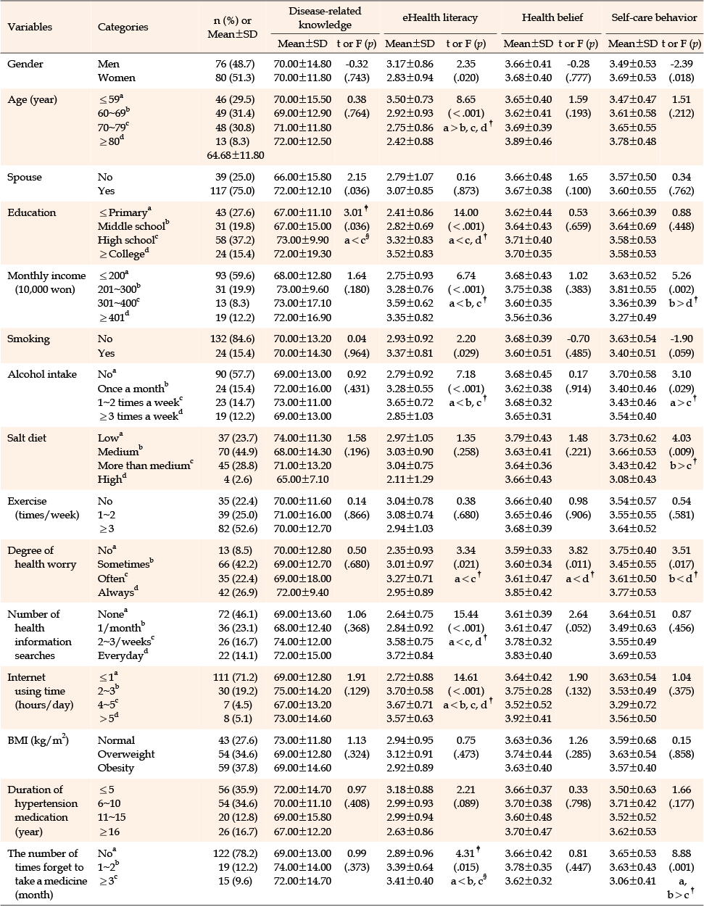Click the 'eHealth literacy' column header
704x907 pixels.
point(440,17)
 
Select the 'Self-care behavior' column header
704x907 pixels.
point(654,17)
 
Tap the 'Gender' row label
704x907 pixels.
point(25,64)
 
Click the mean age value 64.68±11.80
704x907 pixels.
point(236,155)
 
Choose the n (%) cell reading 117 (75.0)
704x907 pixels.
point(233,191)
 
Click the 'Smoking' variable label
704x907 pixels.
point(28,339)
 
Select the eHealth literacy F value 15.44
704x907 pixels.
point(465,614)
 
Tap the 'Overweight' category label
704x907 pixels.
point(126,754)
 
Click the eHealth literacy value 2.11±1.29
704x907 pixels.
point(410,479)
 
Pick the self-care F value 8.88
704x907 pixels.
point(682,853)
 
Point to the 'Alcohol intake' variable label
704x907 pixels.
point(42,374)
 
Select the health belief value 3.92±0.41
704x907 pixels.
point(529,718)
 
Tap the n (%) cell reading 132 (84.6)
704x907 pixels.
point(234,339)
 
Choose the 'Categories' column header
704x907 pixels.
point(123,27)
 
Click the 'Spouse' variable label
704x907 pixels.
point(25,177)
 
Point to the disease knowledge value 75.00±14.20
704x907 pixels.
point(302,691)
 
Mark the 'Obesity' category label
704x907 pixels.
point(116,768)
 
